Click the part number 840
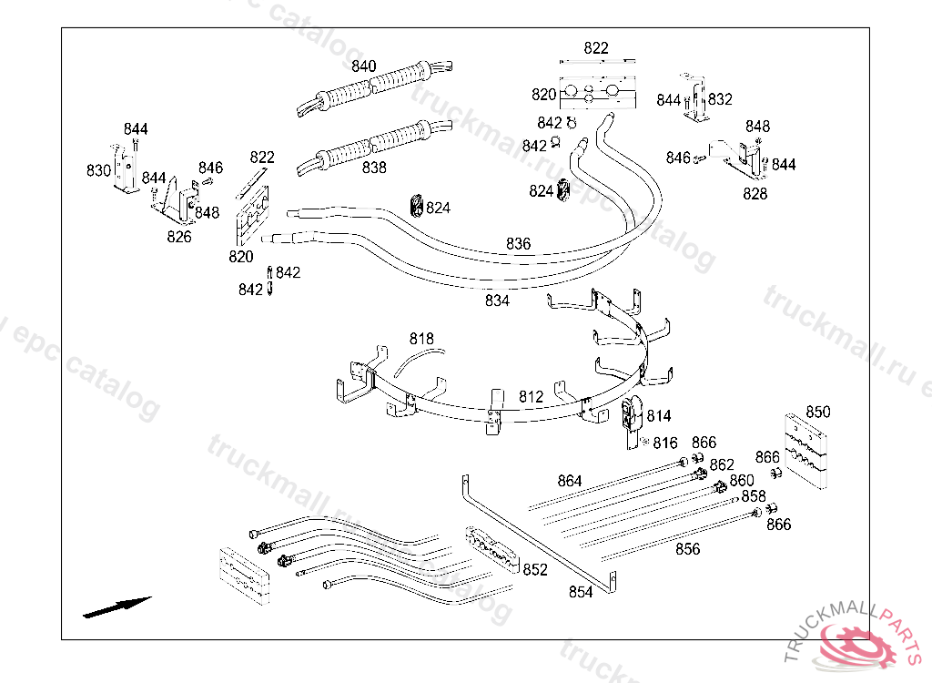[364, 66]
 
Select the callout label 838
[374, 168]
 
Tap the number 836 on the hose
[518, 244]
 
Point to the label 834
[497, 301]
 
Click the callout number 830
[98, 170]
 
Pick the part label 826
[179, 237]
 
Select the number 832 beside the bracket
[720, 99]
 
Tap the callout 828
[755, 193]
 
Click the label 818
[421, 339]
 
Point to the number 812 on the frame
[531, 397]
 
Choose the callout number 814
[658, 416]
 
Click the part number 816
[665, 443]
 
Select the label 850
[818, 412]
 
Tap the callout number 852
[535, 570]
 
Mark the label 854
[581, 592]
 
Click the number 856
[688, 549]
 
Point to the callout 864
[570, 481]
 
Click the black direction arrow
[116, 607]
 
